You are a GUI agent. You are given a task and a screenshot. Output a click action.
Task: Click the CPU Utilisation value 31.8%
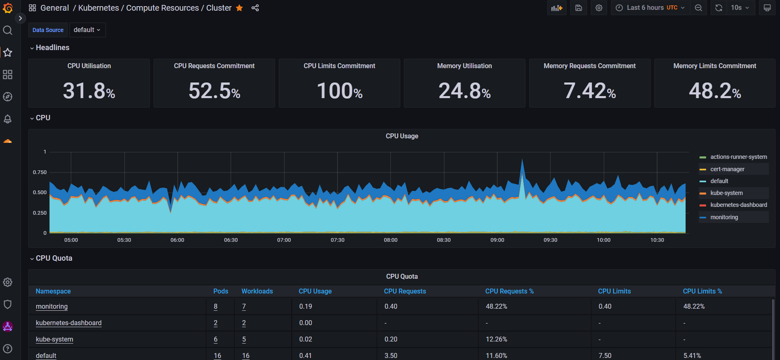(x=89, y=91)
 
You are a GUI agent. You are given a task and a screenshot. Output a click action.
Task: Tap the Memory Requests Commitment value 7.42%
(x=590, y=91)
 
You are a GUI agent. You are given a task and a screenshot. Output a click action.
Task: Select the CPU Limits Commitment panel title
(x=339, y=66)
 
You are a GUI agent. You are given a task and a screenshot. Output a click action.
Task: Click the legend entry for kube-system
(x=726, y=193)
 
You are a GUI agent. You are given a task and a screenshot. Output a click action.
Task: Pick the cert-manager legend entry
(x=727, y=169)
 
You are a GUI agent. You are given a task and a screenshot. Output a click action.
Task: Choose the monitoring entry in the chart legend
(x=724, y=217)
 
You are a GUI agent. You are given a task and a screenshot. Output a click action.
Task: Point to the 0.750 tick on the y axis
(x=40, y=172)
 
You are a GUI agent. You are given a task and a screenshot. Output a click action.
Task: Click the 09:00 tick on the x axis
(x=497, y=240)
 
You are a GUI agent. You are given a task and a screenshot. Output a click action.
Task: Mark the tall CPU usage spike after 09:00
(x=522, y=161)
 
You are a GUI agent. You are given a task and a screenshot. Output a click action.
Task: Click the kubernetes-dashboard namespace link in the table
(x=69, y=323)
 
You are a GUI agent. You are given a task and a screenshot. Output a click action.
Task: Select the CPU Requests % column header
(x=509, y=291)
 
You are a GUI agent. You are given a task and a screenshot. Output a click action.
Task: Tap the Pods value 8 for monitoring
(x=216, y=306)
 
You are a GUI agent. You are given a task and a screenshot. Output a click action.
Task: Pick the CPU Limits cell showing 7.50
(x=605, y=355)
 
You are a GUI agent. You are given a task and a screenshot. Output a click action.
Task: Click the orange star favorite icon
(x=239, y=8)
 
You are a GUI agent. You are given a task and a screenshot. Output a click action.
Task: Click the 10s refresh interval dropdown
(x=740, y=8)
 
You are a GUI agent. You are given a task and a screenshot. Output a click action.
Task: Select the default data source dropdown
(x=87, y=30)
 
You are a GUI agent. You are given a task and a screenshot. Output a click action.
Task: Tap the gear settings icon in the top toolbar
(x=599, y=8)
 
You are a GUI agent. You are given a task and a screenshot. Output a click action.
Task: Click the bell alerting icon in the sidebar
(x=7, y=119)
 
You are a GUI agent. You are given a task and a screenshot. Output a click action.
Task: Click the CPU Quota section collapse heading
(x=53, y=258)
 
